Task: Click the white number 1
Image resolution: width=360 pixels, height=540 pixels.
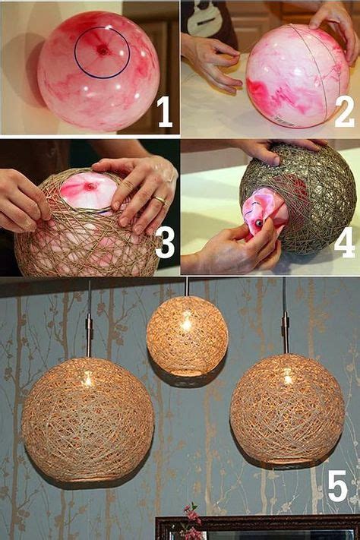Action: [x=165, y=112]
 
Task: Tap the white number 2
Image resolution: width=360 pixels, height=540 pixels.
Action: [x=344, y=111]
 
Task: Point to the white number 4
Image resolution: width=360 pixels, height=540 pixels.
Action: [x=344, y=242]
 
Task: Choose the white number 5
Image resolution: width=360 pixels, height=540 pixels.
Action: [x=338, y=485]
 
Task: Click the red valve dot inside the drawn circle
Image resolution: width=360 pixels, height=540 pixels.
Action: [x=103, y=51]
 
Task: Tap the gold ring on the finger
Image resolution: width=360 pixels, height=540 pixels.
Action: [x=159, y=200]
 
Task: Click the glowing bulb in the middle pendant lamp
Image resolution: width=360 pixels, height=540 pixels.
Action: [x=186, y=324]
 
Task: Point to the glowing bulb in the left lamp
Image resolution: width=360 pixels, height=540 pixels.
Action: [x=88, y=381]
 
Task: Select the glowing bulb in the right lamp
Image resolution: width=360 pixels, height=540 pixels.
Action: [x=287, y=378]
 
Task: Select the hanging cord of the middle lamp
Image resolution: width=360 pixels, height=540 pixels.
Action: [x=187, y=286]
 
